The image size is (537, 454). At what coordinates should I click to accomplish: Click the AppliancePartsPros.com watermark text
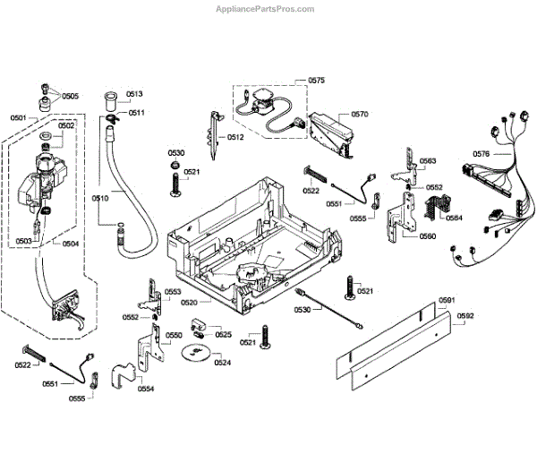266,8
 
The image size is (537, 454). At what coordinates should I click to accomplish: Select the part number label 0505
70,96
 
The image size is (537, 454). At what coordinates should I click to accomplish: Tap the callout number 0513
134,94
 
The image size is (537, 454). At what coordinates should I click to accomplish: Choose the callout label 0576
481,154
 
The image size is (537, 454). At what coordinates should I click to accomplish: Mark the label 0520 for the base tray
189,303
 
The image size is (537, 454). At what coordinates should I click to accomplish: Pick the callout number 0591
447,300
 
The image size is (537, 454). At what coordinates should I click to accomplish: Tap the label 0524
223,363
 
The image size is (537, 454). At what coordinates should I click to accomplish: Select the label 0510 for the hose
99,197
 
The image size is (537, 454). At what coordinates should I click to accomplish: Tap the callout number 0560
427,236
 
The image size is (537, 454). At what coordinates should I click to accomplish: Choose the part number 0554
145,389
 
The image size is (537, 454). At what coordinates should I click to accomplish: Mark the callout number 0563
428,161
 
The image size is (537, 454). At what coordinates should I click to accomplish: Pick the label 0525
223,335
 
